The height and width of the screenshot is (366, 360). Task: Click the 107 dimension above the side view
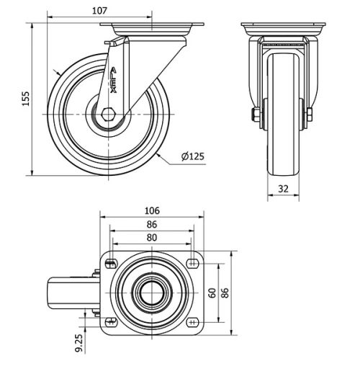(99, 10)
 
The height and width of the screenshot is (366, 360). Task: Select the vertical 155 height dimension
(26, 99)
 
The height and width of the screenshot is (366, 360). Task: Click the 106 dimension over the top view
(152, 210)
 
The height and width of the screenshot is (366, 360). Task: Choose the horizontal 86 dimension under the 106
(152, 225)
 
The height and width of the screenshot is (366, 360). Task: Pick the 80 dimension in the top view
(152, 237)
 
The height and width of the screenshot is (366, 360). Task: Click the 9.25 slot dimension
(79, 341)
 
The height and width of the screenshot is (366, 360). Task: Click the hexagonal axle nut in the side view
(109, 114)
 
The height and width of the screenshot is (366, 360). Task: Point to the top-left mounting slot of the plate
(111, 263)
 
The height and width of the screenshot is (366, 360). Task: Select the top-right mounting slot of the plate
(193, 263)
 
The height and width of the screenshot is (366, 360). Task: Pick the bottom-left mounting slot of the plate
(111, 321)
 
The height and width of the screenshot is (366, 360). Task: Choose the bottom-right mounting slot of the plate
(193, 321)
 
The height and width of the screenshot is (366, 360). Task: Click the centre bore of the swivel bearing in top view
(152, 292)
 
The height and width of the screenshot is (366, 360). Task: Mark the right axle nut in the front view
(309, 115)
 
